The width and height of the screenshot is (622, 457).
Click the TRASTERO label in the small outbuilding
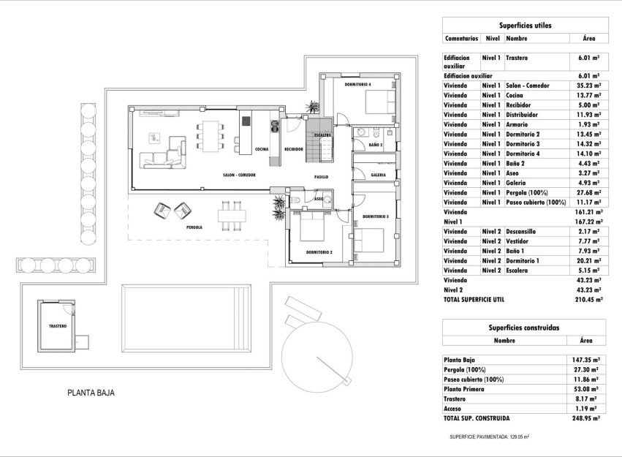[x=58, y=325]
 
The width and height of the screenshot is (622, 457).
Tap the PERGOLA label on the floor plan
[x=194, y=227]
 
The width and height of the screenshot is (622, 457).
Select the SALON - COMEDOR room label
[x=239, y=175]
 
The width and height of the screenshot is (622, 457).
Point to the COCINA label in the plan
[x=262, y=149]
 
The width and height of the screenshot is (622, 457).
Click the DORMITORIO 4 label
[x=359, y=85]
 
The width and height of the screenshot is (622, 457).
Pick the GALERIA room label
[x=378, y=175]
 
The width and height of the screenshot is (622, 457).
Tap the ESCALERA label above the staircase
[x=322, y=135]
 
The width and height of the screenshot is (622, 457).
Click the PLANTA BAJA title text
[x=91, y=393]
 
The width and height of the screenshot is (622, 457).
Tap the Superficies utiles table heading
[x=525, y=26]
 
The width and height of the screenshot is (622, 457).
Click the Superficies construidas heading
[x=525, y=328]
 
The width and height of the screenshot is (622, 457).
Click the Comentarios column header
[x=461, y=38]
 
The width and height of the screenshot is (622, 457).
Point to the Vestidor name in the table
[x=520, y=241]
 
